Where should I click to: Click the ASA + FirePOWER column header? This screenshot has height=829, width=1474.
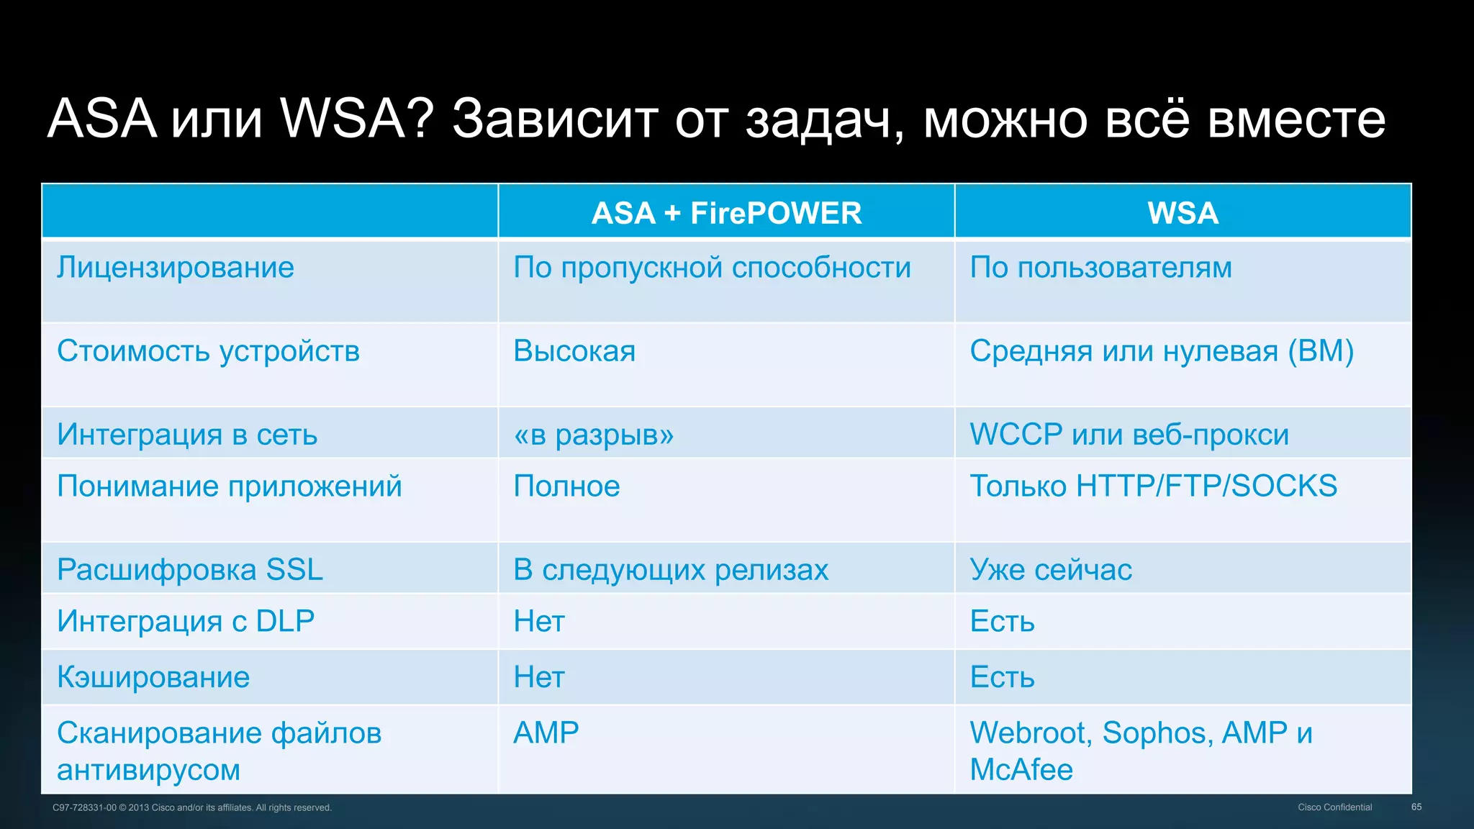click(726, 213)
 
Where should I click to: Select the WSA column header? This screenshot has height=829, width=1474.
click(1183, 213)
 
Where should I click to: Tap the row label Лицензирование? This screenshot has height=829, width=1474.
click(176, 268)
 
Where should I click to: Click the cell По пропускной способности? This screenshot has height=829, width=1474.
click(712, 268)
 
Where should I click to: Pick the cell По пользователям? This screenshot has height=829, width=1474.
click(1100, 268)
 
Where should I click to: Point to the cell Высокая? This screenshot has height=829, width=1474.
click(574, 351)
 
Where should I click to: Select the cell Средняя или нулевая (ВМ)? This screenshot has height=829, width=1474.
click(1161, 351)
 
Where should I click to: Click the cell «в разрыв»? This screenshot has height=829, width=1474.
click(594, 435)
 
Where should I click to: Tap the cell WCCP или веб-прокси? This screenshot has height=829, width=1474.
click(1129, 435)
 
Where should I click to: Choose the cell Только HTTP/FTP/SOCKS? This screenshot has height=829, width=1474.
click(1153, 486)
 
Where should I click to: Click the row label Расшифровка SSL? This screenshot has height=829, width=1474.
click(190, 570)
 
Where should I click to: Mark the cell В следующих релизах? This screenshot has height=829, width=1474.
click(671, 570)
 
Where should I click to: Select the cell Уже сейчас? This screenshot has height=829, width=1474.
click(1051, 570)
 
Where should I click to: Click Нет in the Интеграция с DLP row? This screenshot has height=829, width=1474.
click(539, 622)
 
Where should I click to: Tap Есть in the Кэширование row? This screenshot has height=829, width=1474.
click(1002, 677)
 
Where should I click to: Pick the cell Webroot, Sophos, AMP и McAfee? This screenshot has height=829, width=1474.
click(1141, 751)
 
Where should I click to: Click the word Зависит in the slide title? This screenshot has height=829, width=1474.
click(555, 119)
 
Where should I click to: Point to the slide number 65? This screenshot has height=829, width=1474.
click(1416, 807)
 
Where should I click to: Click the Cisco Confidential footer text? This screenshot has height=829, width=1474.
click(1334, 807)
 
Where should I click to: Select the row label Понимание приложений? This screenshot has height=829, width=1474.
click(229, 486)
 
